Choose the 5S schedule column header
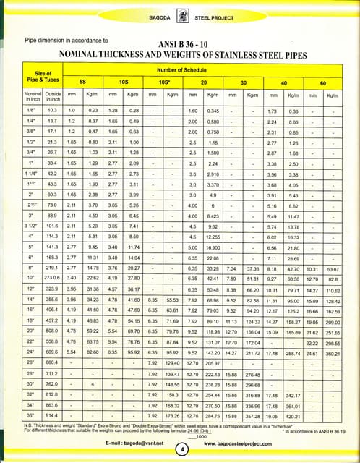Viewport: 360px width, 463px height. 82,82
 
